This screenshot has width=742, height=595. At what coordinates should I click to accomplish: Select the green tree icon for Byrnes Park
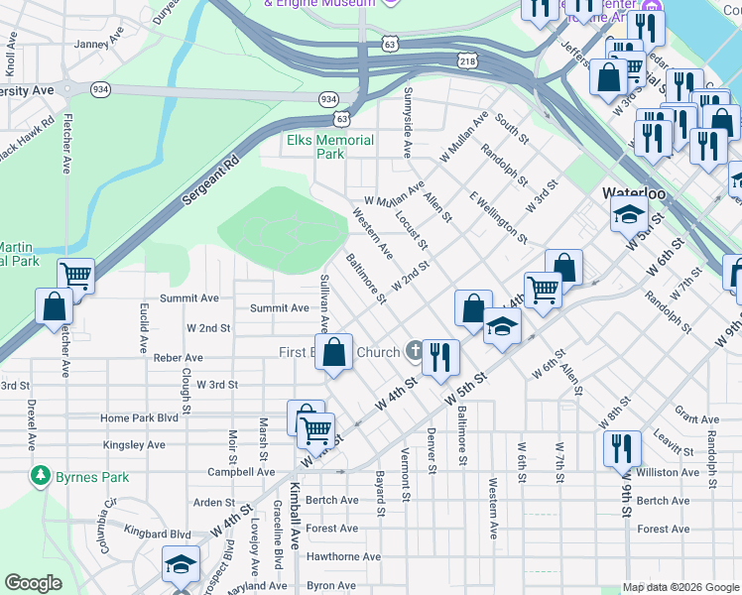pyautogui.click(x=40, y=477)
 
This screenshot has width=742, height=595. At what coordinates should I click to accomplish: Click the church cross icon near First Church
pyautogui.click(x=415, y=352)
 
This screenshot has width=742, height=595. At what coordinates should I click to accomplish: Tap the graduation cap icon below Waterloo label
pyautogui.click(x=629, y=213)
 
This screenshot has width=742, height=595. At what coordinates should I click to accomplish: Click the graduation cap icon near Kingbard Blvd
pyautogui.click(x=180, y=564)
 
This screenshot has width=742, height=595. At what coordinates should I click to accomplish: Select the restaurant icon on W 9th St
pyautogui.click(x=621, y=446)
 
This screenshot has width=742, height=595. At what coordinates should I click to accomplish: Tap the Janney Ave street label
pyautogui.click(x=97, y=44)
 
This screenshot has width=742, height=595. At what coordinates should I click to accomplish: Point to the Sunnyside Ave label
pyautogui.click(x=408, y=130)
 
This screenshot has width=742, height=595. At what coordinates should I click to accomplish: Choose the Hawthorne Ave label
pyautogui.click(x=344, y=556)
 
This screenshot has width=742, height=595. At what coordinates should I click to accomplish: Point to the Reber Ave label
pyautogui.click(x=179, y=357)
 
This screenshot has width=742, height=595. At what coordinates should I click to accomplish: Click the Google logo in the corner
pyautogui.click(x=34, y=583)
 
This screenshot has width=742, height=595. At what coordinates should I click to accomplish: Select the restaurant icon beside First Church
pyautogui.click(x=440, y=357)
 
